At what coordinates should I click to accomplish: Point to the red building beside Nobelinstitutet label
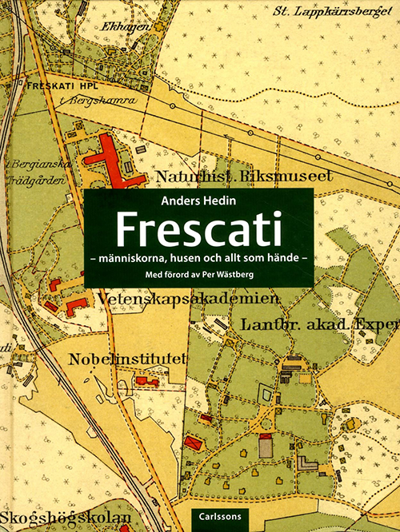point(147,382)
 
